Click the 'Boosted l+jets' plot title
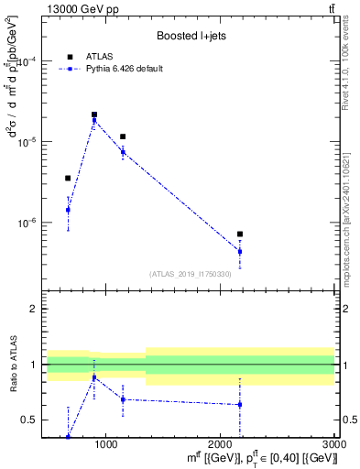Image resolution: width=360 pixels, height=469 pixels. click(191, 37)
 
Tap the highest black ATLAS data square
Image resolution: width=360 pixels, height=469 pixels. click(94, 115)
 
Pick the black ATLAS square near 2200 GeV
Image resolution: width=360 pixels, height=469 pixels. click(240, 234)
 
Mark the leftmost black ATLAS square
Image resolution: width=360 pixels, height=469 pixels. click(68, 178)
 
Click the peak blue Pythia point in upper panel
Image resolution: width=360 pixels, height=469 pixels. click(94, 121)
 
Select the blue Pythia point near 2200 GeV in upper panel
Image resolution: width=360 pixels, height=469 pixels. click(240, 251)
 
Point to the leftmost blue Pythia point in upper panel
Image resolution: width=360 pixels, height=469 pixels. click(68, 210)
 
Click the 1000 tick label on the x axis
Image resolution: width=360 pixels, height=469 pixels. click(106, 444)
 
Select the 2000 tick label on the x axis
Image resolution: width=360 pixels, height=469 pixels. click(220, 444)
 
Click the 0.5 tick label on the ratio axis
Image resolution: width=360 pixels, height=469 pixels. click(27, 420)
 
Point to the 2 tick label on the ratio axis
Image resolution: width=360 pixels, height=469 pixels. click(31, 310)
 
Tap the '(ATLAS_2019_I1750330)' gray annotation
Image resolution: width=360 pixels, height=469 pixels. click(191, 274)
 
